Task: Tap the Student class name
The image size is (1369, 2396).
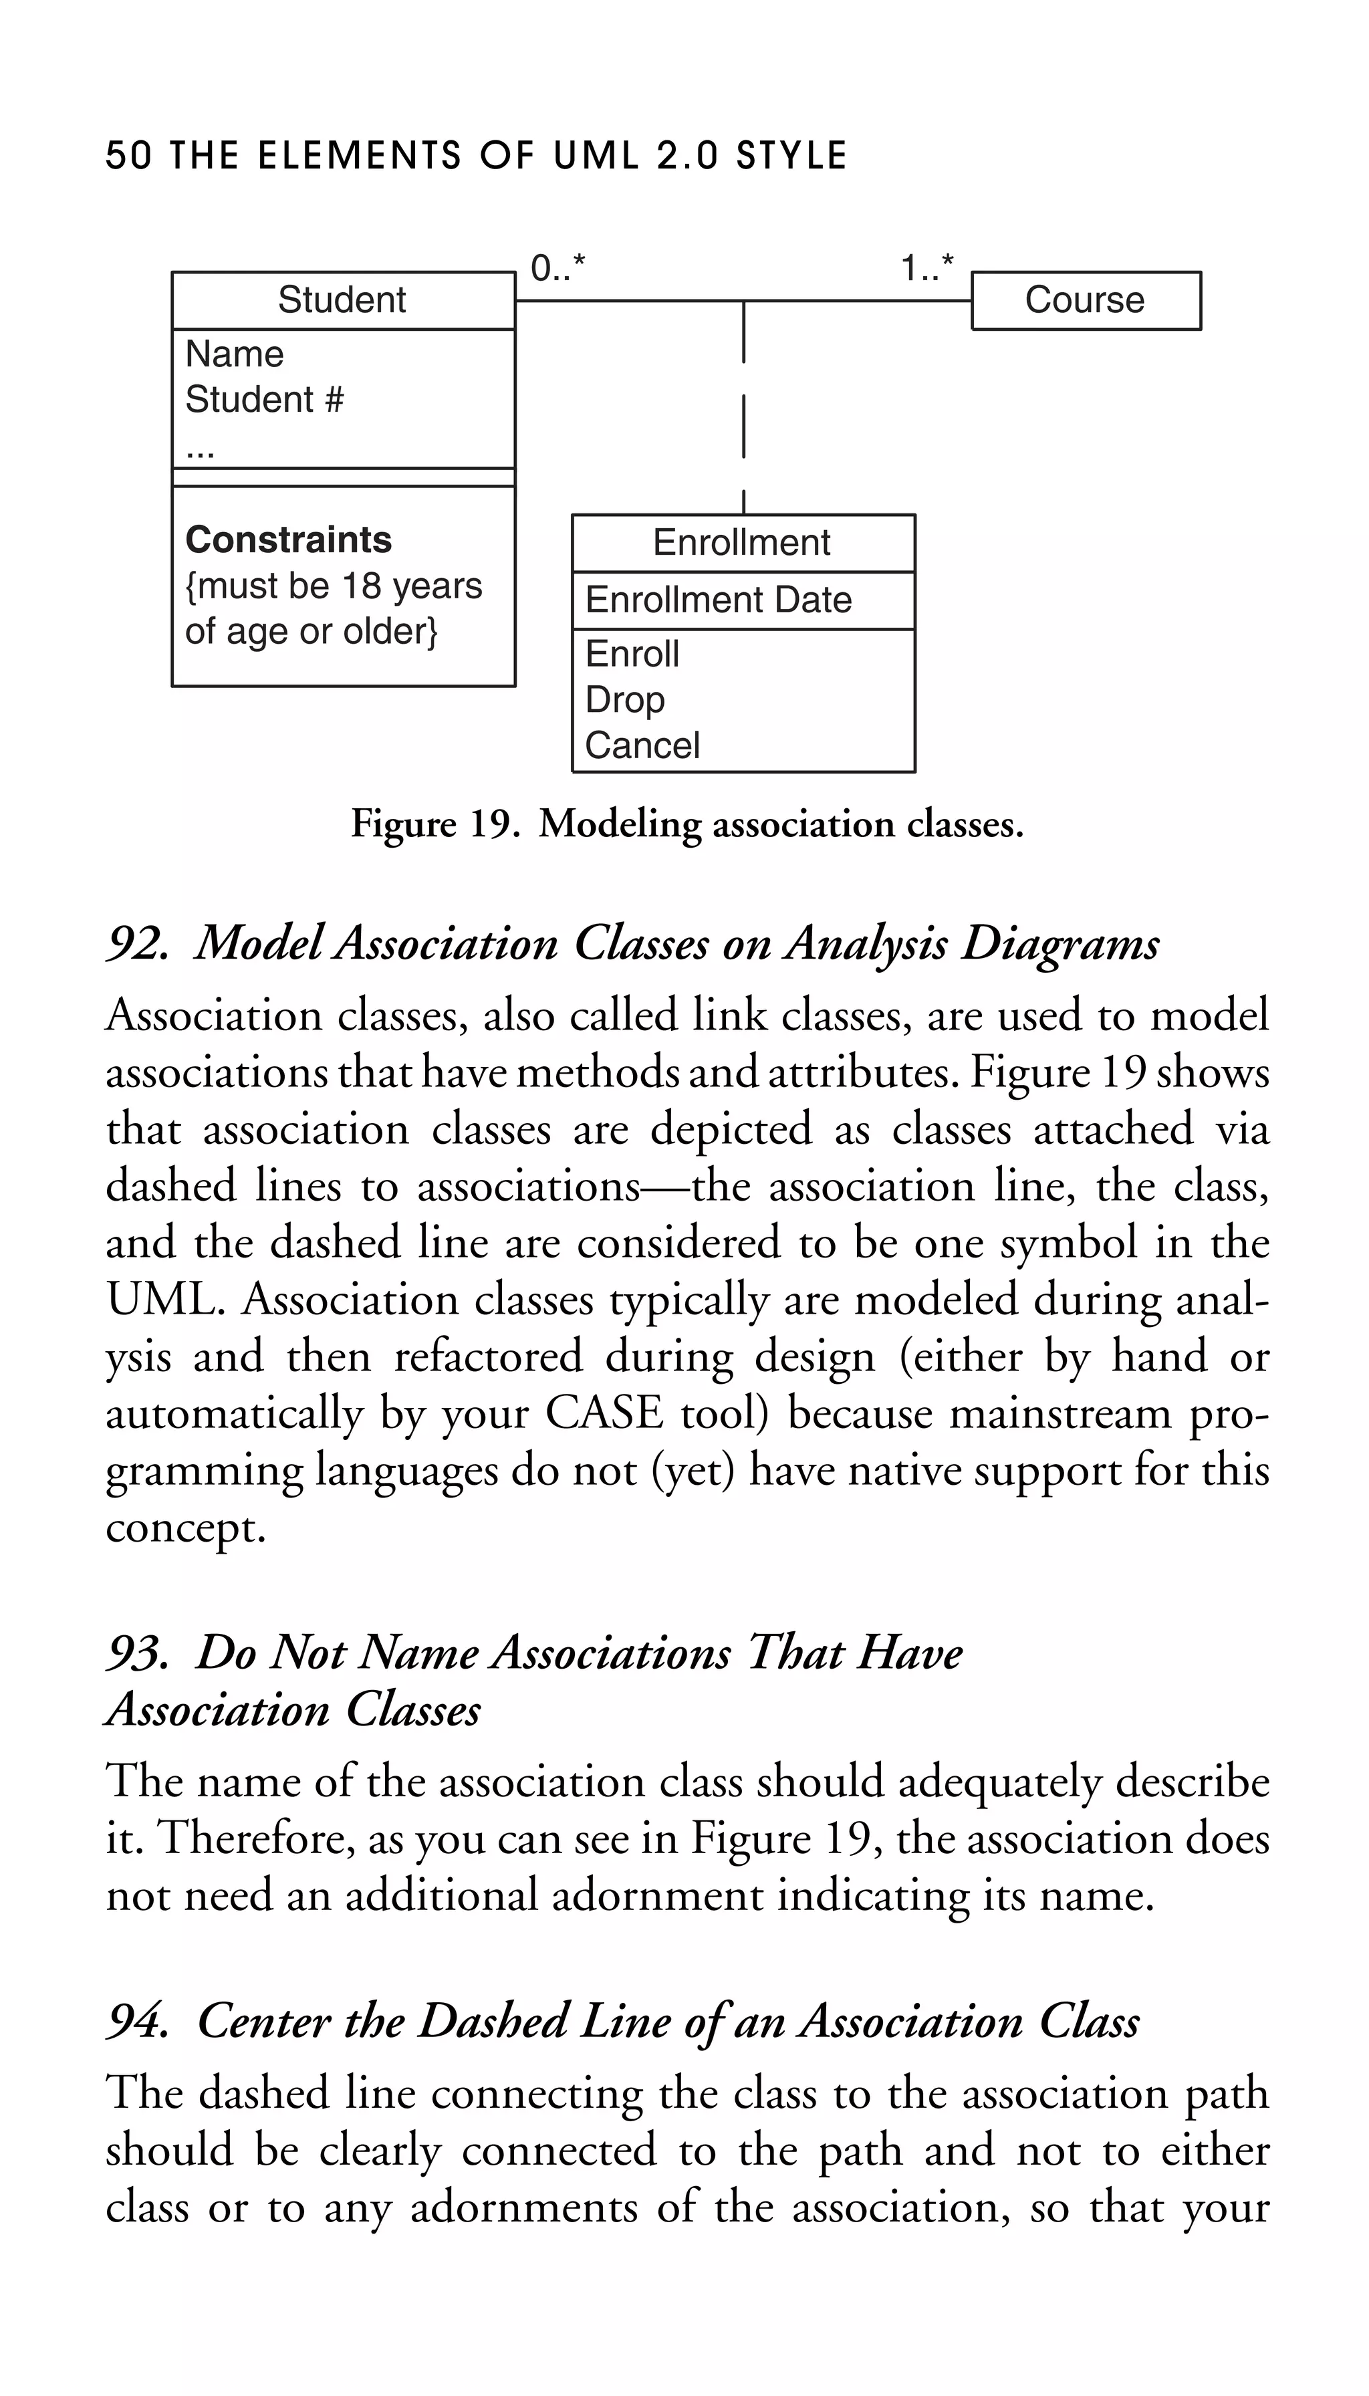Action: (x=342, y=301)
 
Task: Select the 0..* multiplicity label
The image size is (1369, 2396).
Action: (x=557, y=269)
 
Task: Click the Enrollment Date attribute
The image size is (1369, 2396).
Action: (x=719, y=600)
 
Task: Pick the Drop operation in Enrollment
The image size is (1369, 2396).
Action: (x=625, y=700)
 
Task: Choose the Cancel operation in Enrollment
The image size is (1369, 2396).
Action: (x=642, y=745)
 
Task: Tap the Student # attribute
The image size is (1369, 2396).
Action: (x=264, y=400)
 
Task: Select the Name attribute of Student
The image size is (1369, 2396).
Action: (x=234, y=354)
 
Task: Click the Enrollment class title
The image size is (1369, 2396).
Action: (x=742, y=543)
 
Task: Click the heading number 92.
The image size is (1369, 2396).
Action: (x=137, y=943)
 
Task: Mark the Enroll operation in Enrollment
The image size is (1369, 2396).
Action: (x=632, y=654)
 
